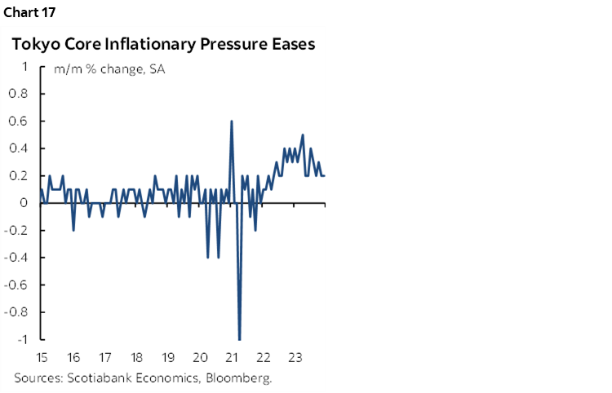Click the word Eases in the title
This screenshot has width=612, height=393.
point(290,45)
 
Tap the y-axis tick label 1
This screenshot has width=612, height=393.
point(26,66)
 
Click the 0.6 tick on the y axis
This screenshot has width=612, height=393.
point(19,121)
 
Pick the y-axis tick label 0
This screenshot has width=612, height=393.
point(25,202)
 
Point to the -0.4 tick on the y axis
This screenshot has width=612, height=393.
point(17,257)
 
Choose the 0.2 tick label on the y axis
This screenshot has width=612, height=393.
point(19,175)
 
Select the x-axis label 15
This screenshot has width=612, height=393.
point(41,357)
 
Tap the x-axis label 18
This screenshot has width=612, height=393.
point(136,357)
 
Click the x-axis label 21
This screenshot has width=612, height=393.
point(232,357)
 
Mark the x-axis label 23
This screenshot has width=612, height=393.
point(295,357)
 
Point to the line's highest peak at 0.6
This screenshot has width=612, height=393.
point(232,121)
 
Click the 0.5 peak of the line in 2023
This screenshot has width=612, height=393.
point(303,135)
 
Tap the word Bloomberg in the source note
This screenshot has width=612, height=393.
point(242,378)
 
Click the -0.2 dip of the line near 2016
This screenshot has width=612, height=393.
point(73,230)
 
